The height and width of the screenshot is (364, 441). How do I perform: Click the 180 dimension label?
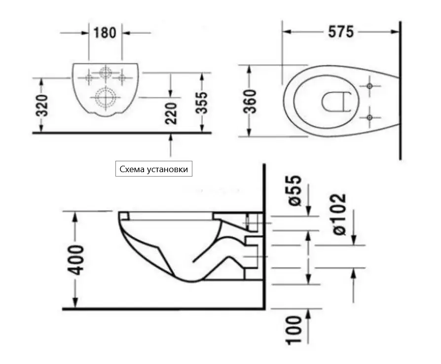pyautogui.click(x=105, y=33)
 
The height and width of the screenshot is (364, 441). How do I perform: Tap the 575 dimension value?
pyautogui.click(x=341, y=32)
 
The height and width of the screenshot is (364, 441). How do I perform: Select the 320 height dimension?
pyautogui.click(x=42, y=106)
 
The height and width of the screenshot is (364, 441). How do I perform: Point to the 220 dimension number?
pyautogui.click(x=171, y=113)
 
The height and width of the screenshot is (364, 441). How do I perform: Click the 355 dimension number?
pyautogui.click(x=201, y=103)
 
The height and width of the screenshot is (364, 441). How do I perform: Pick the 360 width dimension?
pyautogui.click(x=250, y=101)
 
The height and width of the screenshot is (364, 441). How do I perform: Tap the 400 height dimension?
pyautogui.click(x=75, y=260)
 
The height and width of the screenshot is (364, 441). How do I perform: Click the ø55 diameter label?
pyautogui.click(x=295, y=190)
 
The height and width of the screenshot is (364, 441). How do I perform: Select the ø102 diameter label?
pyautogui.click(x=339, y=215)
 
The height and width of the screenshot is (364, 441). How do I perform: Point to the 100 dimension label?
pyautogui.click(x=294, y=330)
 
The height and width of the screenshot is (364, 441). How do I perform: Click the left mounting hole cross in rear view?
pyautogui.click(x=89, y=77)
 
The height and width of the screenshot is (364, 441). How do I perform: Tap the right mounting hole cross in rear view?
pyautogui.click(x=121, y=77)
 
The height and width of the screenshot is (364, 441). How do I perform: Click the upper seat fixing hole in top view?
pyautogui.click(x=369, y=86)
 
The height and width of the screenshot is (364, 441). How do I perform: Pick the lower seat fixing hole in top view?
pyautogui.click(x=369, y=117)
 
